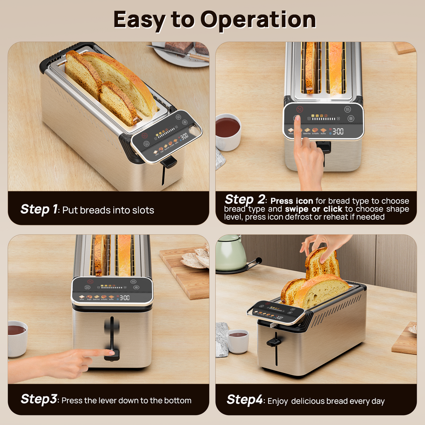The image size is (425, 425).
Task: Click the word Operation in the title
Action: (x=258, y=20)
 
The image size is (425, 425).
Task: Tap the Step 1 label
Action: (x=39, y=209)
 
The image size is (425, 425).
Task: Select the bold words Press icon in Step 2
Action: (x=292, y=201)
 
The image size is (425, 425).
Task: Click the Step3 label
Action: (x=39, y=400)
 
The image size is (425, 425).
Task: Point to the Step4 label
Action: (x=244, y=400)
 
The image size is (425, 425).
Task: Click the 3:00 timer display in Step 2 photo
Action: (x=337, y=131)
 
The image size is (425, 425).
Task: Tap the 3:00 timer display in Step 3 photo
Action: (x=124, y=298)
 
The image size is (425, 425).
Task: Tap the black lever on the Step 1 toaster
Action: (x=169, y=162)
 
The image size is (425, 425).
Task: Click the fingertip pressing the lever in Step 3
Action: (x=111, y=353)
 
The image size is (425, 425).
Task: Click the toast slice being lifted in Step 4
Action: (x=322, y=263)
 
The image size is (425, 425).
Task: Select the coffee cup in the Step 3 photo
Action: (x=17, y=338)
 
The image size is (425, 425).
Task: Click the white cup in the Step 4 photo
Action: (x=238, y=341)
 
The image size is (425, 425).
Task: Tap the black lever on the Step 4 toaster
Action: (x=274, y=342)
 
